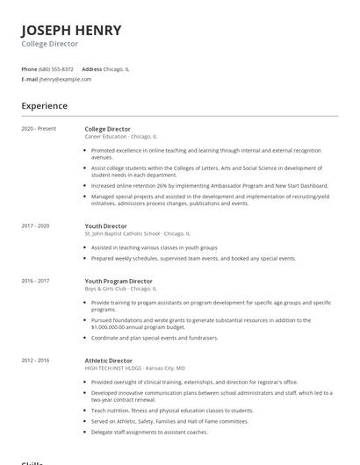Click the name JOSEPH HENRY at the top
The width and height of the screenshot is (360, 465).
[x=71, y=30]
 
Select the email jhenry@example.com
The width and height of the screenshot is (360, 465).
[x=65, y=79]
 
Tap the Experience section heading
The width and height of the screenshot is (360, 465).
[x=45, y=106]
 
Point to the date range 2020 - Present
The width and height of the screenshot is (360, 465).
[x=39, y=129]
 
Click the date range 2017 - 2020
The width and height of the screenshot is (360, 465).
[x=36, y=226]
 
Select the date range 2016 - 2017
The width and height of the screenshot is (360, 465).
[x=36, y=281]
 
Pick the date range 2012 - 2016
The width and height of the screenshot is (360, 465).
[x=36, y=361]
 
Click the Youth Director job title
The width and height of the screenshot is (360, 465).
[x=105, y=226]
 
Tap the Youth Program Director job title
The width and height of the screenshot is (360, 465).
[x=119, y=281]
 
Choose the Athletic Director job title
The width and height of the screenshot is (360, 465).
[x=109, y=361]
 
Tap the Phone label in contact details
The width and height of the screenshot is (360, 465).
[x=29, y=68]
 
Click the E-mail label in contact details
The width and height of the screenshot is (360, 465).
[x=30, y=79]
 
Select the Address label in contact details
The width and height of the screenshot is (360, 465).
[x=91, y=68]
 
